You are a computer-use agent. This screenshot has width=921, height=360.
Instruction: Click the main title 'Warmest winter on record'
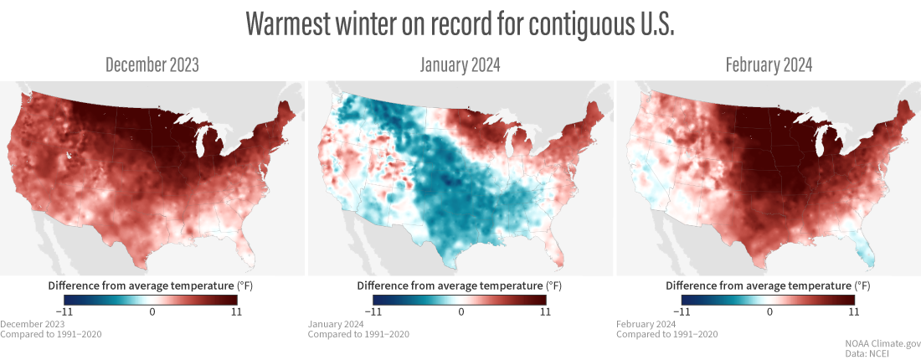click(460, 24)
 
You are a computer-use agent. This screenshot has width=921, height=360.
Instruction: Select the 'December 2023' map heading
click(152, 65)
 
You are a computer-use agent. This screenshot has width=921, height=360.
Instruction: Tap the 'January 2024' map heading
click(460, 65)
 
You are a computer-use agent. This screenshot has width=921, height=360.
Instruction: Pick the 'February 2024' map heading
click(769, 65)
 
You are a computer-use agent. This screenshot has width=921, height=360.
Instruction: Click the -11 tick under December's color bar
click(69, 311)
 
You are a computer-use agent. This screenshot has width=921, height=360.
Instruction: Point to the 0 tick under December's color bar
click(152, 311)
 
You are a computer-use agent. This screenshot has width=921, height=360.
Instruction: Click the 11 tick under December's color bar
click(236, 311)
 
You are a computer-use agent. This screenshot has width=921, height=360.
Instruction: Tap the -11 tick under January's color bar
click(377, 311)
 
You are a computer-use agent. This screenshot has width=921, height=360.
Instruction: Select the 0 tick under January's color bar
click(460, 311)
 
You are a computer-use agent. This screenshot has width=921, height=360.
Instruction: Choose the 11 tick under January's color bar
click(544, 311)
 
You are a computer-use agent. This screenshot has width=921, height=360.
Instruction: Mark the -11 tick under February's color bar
click(685, 311)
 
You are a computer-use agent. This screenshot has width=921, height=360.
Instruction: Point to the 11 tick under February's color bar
click(852, 311)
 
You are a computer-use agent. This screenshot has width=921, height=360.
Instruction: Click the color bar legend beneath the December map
click(152, 299)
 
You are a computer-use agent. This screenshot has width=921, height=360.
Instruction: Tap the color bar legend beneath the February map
click(769, 299)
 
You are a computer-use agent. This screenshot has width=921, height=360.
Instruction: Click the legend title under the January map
click(460, 285)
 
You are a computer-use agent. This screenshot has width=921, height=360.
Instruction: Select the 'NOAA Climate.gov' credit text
click(883, 343)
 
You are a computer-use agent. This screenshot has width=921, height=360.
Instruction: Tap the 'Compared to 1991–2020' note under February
click(667, 334)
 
